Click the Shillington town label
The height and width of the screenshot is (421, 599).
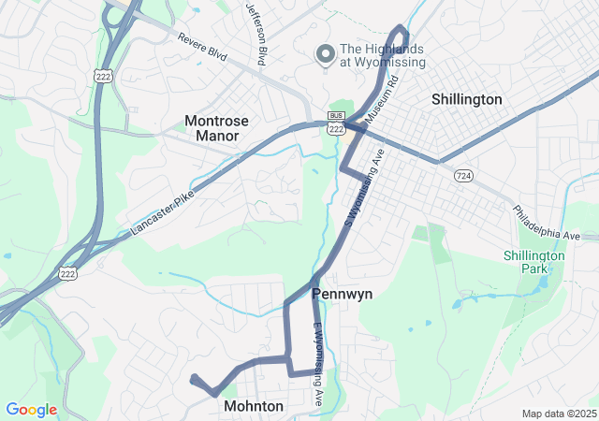466,99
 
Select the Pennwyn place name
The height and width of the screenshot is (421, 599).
342,294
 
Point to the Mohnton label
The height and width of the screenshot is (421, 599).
254,407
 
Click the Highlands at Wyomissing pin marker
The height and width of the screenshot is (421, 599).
326,54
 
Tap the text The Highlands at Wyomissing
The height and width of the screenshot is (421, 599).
382,56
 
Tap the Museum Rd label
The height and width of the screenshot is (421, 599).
382,101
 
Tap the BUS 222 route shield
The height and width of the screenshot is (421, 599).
336,123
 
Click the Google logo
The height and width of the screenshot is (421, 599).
31,410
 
